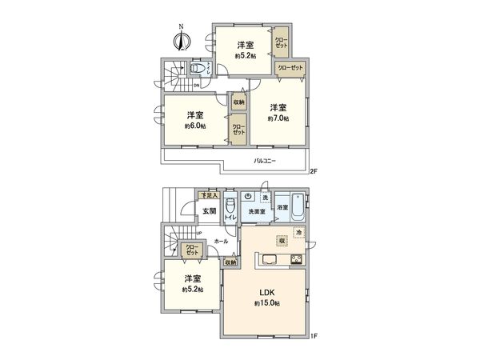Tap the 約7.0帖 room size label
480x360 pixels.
tap(278, 118)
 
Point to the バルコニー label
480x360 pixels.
tap(265, 162)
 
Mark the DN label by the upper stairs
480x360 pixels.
tap(196, 86)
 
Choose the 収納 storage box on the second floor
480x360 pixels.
tap(238, 102)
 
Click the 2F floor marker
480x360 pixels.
tap(314, 171)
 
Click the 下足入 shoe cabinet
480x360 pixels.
tap(208, 194)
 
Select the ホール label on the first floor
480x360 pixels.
tap(222, 241)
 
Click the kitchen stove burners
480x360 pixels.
tap(295, 258)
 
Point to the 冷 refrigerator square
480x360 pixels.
tap(298, 233)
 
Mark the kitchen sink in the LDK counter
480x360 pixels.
tap(268, 258)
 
